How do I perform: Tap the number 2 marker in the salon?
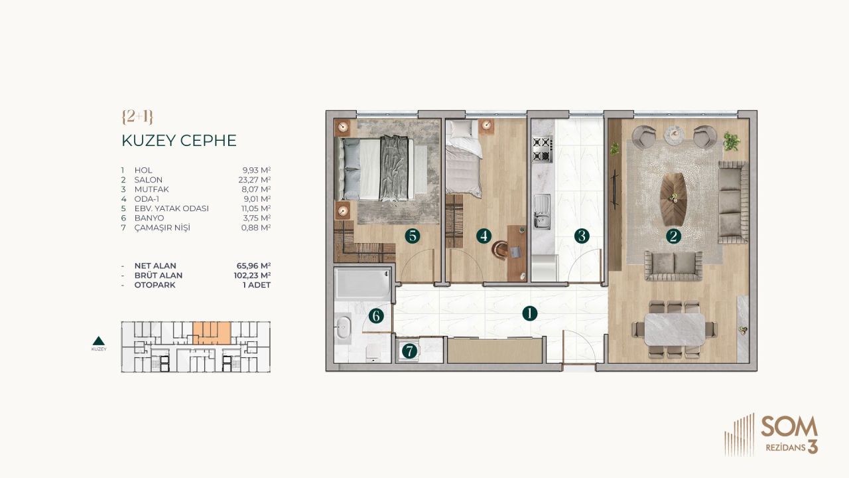(674, 236)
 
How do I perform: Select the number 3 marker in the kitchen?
(582, 236)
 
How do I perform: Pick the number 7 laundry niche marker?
(409, 351)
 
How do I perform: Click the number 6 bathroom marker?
(376, 316)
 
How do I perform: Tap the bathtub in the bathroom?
(361, 283)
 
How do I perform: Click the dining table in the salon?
(675, 329)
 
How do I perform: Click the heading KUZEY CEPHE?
(179, 141)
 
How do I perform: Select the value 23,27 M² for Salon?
(257, 180)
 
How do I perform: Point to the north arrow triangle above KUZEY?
(99, 339)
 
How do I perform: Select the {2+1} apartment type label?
(138, 116)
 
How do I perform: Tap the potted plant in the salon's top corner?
(732, 141)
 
